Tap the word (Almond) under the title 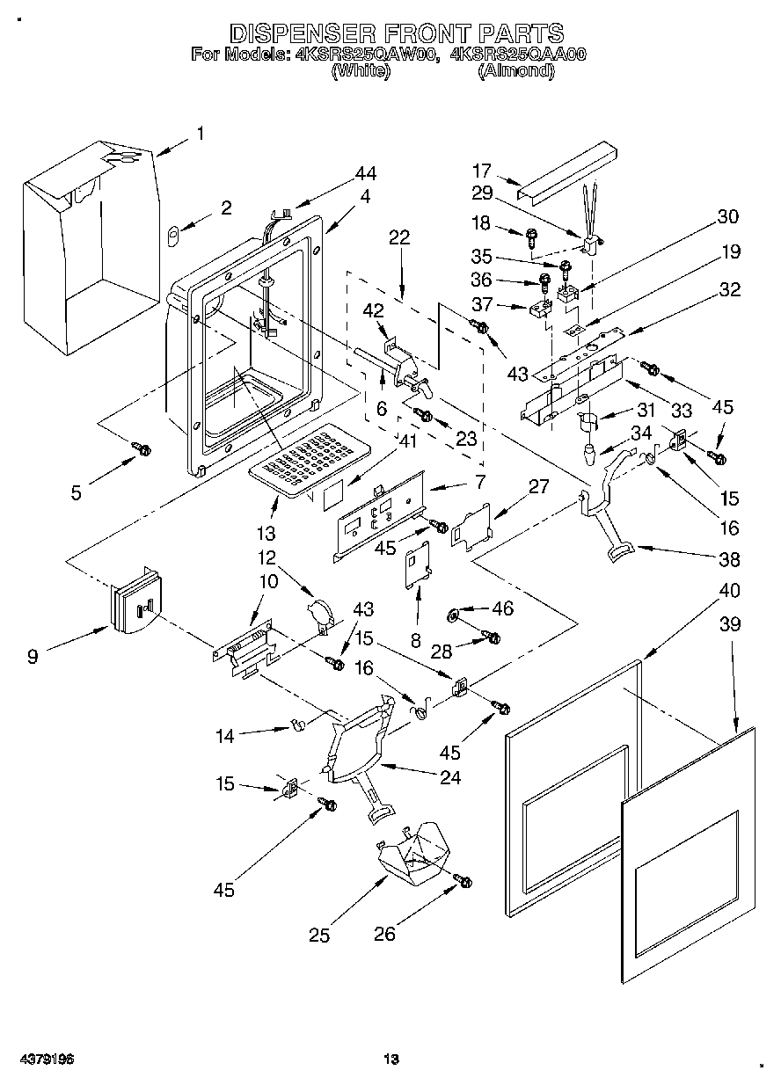(516, 70)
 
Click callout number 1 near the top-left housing (201, 133)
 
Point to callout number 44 (365, 173)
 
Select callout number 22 (399, 237)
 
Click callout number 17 (482, 171)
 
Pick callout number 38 (730, 559)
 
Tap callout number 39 (730, 624)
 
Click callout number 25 (319, 935)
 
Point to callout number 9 (33, 657)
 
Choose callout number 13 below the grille (266, 534)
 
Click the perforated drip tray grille (309, 460)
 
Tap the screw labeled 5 (142, 448)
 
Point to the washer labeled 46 (454, 615)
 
